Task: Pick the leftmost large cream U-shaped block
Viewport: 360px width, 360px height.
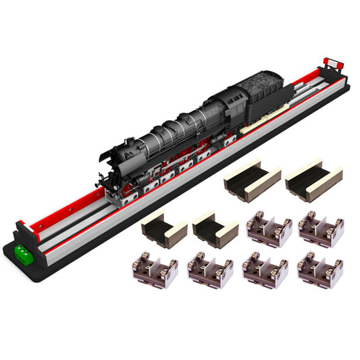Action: (251, 178)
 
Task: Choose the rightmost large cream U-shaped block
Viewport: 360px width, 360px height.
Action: (313, 180)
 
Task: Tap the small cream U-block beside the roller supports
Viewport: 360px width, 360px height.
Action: (215, 230)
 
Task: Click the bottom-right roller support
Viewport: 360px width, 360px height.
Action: (321, 269)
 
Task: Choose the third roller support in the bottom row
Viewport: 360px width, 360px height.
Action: (265, 270)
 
